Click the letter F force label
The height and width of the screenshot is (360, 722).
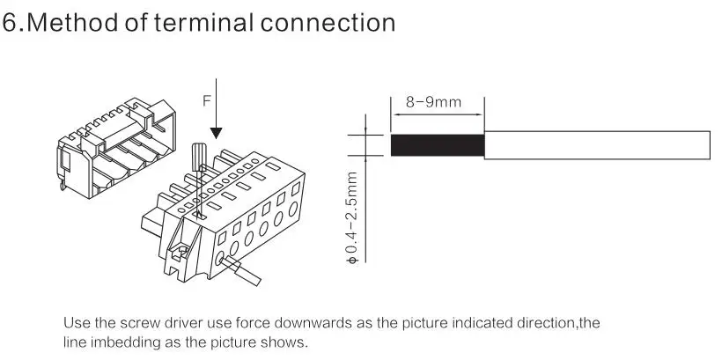207,100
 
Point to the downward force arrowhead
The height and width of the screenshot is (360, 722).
217,132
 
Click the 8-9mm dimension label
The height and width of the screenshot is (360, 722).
433,102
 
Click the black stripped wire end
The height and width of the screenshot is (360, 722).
438,145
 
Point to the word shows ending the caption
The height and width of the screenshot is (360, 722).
287,342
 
